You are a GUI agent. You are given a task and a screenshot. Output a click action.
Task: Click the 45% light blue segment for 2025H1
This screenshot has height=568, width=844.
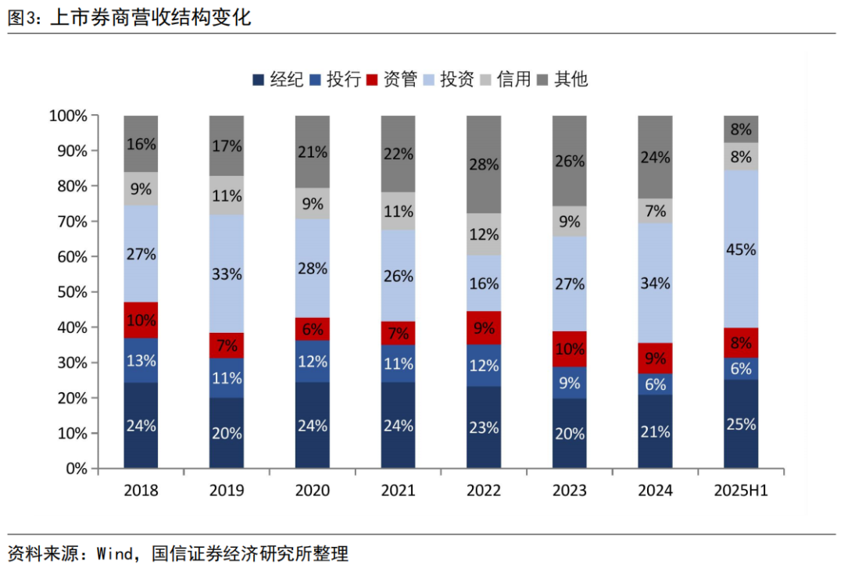pyautogui.click(x=741, y=249)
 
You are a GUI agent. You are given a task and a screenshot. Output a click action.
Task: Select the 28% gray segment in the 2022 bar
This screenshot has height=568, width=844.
pyautogui.click(x=484, y=164)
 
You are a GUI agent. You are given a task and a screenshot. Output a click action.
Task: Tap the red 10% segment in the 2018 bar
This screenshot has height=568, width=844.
pyautogui.click(x=141, y=320)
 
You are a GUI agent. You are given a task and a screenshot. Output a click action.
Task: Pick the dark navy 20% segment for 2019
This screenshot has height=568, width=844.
pyautogui.click(x=226, y=433)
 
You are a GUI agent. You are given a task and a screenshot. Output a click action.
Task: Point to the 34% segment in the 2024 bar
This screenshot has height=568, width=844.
pyautogui.click(x=655, y=283)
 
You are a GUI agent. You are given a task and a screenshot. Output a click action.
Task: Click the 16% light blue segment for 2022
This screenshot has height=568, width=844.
pyautogui.click(x=484, y=284)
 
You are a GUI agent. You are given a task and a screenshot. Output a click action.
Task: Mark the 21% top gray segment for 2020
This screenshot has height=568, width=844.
pyautogui.click(x=312, y=152)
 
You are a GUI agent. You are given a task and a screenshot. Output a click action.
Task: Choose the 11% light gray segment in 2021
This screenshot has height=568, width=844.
pyautogui.click(x=398, y=211)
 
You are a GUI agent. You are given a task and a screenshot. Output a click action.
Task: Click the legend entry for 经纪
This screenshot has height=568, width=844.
pyautogui.click(x=278, y=79)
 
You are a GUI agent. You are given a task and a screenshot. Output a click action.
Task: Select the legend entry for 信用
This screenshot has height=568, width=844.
pyautogui.click(x=505, y=79)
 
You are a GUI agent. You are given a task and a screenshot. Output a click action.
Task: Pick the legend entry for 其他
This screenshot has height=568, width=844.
pyautogui.click(x=562, y=79)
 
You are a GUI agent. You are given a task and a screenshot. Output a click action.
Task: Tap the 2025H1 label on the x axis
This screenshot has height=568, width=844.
pyautogui.click(x=741, y=491)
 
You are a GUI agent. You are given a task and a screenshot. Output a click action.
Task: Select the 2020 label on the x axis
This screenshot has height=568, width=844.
pyautogui.click(x=312, y=491)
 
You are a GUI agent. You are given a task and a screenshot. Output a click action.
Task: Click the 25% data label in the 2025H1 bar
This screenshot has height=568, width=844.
pyautogui.click(x=741, y=424)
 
